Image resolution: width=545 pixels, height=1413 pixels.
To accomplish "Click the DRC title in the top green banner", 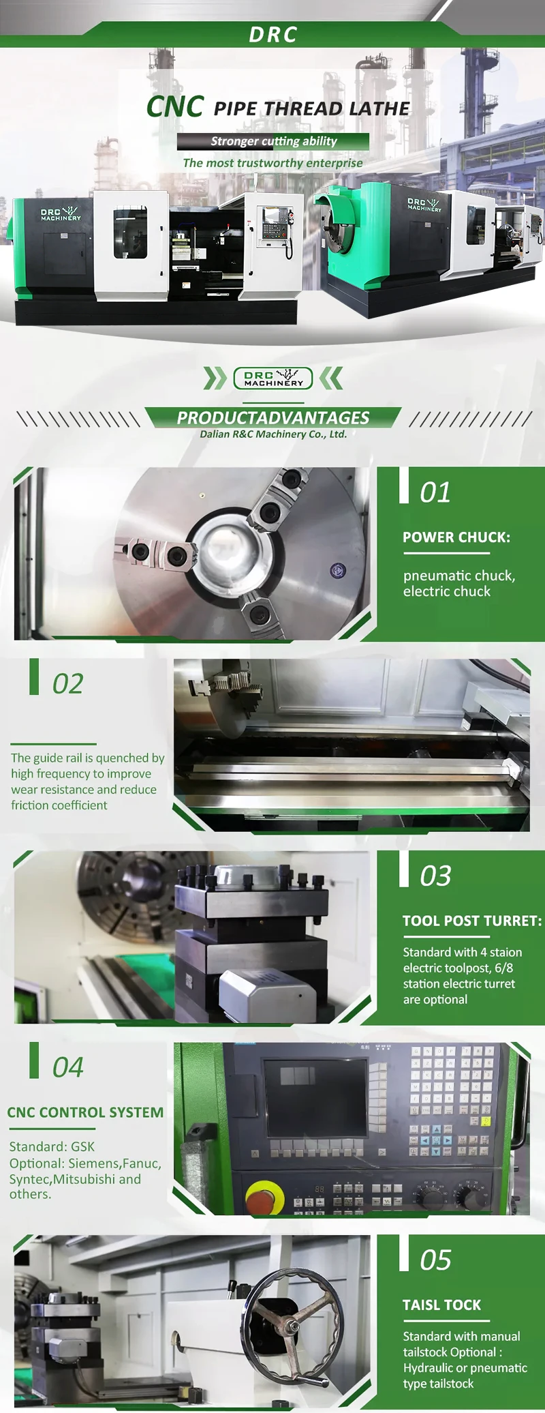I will pos(273,35).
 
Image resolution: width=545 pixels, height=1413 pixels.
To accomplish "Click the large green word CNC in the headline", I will pos(175,107).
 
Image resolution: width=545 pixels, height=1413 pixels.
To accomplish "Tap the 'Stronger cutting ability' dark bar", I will pos(273,141).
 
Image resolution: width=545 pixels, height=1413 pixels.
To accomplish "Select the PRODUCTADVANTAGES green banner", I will pos(273,417).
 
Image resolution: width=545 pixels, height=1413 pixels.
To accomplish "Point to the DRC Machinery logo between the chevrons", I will pos(273,378).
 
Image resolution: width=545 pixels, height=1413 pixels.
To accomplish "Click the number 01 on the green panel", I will pos(435,492).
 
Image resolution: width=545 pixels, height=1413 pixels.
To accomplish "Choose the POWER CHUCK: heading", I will pos(456,537).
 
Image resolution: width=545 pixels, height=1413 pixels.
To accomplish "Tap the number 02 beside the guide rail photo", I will pos(68,684).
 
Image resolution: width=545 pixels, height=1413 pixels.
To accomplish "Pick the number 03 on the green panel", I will pos(435,876).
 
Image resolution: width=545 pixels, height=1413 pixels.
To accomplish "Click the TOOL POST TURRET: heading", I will pos(472,921).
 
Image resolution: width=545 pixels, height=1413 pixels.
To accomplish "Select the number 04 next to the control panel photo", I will pos(68,1068).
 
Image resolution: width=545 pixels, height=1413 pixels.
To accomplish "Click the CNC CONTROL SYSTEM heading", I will pos(85,1113).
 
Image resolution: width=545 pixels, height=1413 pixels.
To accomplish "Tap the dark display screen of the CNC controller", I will pos(315,1099).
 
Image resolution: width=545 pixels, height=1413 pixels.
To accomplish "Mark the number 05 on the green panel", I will pos(435,1260).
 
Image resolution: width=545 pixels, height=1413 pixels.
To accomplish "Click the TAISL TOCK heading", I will pos(441,1305).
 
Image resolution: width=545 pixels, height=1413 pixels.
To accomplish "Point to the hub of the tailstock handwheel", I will pos(294,1326).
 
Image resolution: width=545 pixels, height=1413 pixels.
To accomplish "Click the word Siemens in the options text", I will pos(95,1164).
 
